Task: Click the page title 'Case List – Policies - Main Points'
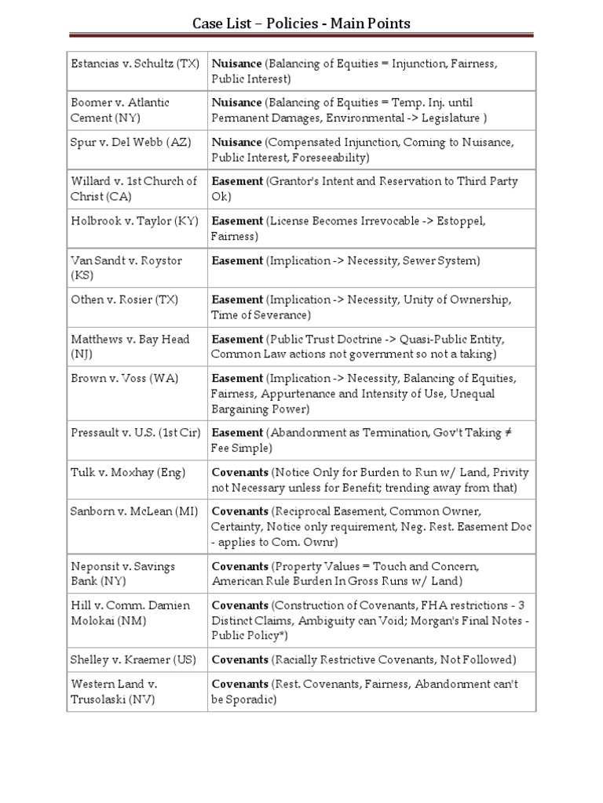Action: [x=301, y=24]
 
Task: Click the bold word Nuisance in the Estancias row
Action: [x=236, y=64]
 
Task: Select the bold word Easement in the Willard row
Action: [x=237, y=181]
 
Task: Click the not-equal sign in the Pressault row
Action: [x=510, y=433]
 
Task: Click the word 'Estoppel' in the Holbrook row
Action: [x=459, y=221]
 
